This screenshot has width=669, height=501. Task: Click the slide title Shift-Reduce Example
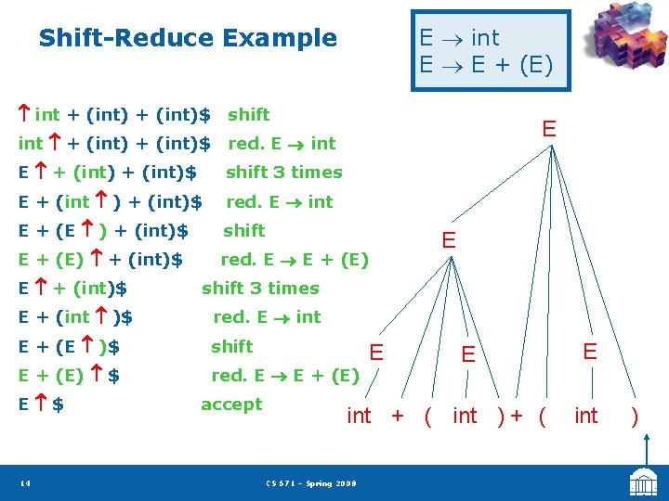[188, 38]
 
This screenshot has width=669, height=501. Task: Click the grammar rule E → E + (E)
[485, 66]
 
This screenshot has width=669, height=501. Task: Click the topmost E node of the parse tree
[549, 129]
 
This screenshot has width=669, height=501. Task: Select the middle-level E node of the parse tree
[449, 240]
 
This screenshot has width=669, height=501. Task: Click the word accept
[231, 405]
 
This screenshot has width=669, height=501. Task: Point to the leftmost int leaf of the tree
[359, 417]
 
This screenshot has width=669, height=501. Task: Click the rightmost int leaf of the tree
[586, 417]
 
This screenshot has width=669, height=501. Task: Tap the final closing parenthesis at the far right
[636, 417]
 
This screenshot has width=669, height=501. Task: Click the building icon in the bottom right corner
[643, 482]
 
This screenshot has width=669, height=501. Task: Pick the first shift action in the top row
[248, 114]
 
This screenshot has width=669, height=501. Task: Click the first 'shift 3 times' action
[283, 173]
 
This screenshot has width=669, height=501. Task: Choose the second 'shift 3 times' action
[260, 289]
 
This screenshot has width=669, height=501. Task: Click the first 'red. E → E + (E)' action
[294, 260]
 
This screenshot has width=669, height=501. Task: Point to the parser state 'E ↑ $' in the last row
[42, 405]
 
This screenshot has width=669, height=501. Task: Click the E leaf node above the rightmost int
[589, 351]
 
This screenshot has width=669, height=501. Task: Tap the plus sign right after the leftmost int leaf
[398, 417]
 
